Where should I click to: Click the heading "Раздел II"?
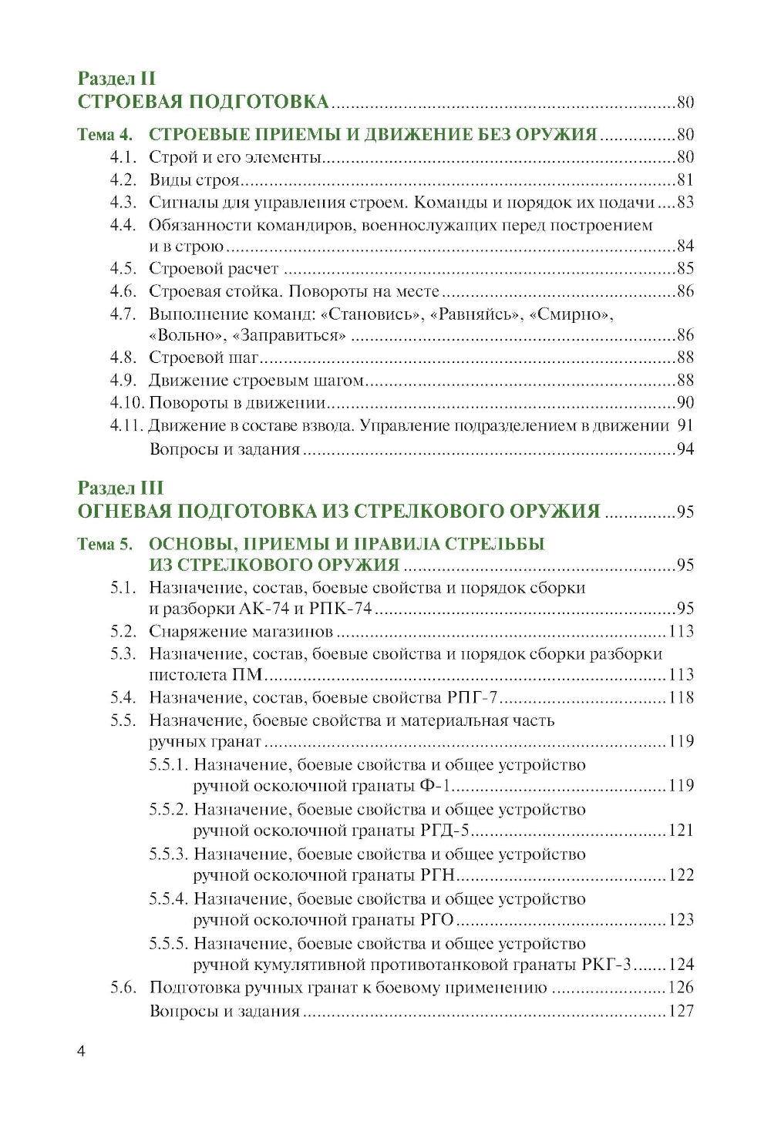[116, 78]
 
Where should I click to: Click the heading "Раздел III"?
[120, 488]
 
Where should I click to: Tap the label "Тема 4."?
[105, 135]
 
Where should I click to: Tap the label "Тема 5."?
[105, 545]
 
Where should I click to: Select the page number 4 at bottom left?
[82, 1052]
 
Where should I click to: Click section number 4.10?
[126, 403]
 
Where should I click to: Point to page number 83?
[685, 203]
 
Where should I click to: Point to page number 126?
[681, 988]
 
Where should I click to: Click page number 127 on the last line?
[681, 1011]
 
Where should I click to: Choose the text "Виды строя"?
[194, 180]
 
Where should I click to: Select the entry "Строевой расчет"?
[214, 269]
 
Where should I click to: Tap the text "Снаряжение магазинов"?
[241, 632]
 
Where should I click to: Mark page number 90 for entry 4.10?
[685, 403]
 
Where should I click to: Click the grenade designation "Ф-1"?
[436, 786]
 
